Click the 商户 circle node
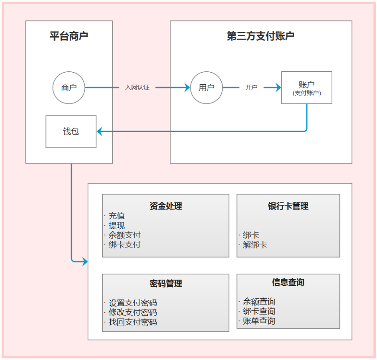[68, 88]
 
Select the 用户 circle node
[206, 88]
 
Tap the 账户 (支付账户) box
[307, 88]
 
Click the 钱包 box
[71, 131]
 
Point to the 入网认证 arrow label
[137, 88]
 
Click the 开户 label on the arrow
[251, 88]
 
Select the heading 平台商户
[69, 36]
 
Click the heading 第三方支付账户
[261, 36]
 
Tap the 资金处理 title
[166, 206]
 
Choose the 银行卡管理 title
[288, 206]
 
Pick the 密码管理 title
[166, 284]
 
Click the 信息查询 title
[288, 282]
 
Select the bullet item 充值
[116, 216]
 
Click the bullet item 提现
[116, 226]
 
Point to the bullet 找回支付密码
[132, 322]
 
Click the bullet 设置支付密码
[132, 303]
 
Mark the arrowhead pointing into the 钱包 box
[100, 131]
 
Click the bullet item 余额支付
[124, 235]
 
